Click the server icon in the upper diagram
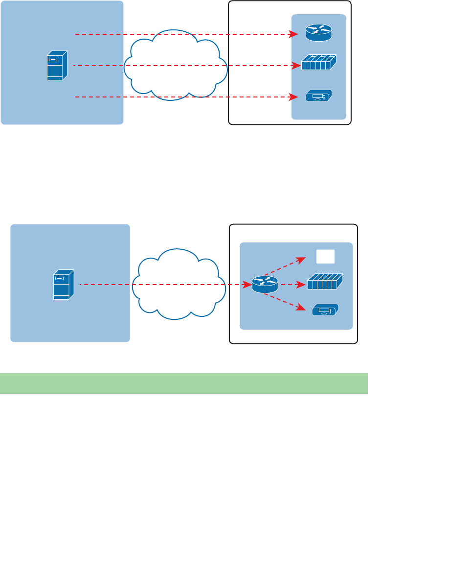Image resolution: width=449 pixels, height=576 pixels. coord(57,66)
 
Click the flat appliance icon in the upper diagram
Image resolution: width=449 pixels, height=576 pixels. coord(318,96)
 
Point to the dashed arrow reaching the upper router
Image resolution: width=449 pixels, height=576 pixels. coord(186,34)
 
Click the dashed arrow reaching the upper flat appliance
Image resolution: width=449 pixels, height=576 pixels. coord(186,97)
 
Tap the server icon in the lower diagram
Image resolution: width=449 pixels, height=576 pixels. coord(64,284)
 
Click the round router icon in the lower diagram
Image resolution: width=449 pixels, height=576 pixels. coord(265,284)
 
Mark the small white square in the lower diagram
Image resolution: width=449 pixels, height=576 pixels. coord(325,256)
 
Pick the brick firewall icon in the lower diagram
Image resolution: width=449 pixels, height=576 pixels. coord(325,283)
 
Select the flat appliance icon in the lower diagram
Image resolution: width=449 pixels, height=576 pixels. coord(325,310)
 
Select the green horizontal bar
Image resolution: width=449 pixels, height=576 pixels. coord(183,383)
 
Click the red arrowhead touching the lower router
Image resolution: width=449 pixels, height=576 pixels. coord(247,284)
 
